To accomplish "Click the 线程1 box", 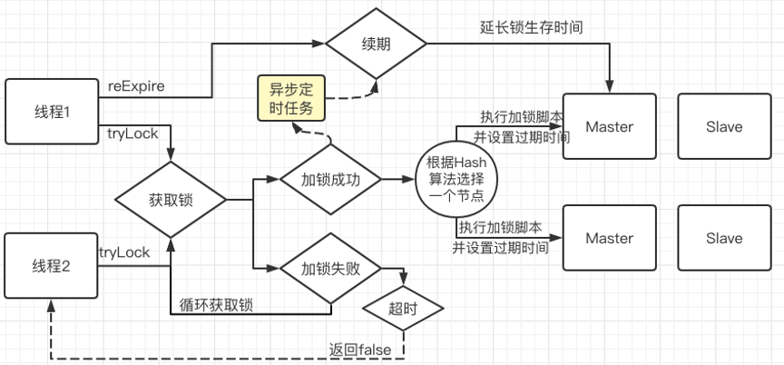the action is [52, 112].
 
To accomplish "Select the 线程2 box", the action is [51, 265].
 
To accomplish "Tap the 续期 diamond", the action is [376, 44].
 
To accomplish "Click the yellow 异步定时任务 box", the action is [291, 98].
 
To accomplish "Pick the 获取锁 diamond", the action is [171, 200].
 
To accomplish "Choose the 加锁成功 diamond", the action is [330, 179].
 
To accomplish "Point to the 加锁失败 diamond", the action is [330, 268].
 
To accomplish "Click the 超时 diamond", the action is [403, 309].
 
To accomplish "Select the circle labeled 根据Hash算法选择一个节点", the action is [456, 179].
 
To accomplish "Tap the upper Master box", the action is [609, 126].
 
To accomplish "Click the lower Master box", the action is [609, 238].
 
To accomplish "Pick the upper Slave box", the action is [724, 126].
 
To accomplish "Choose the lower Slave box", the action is [724, 238].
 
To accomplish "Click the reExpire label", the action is [136, 86].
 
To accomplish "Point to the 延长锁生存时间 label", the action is [531, 27].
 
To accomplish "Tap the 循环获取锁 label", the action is [215, 305].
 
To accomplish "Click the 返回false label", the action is [360, 350].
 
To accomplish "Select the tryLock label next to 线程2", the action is [124, 252].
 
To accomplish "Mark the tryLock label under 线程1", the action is [132, 133].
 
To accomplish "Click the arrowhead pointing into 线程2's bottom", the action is [51, 304].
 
